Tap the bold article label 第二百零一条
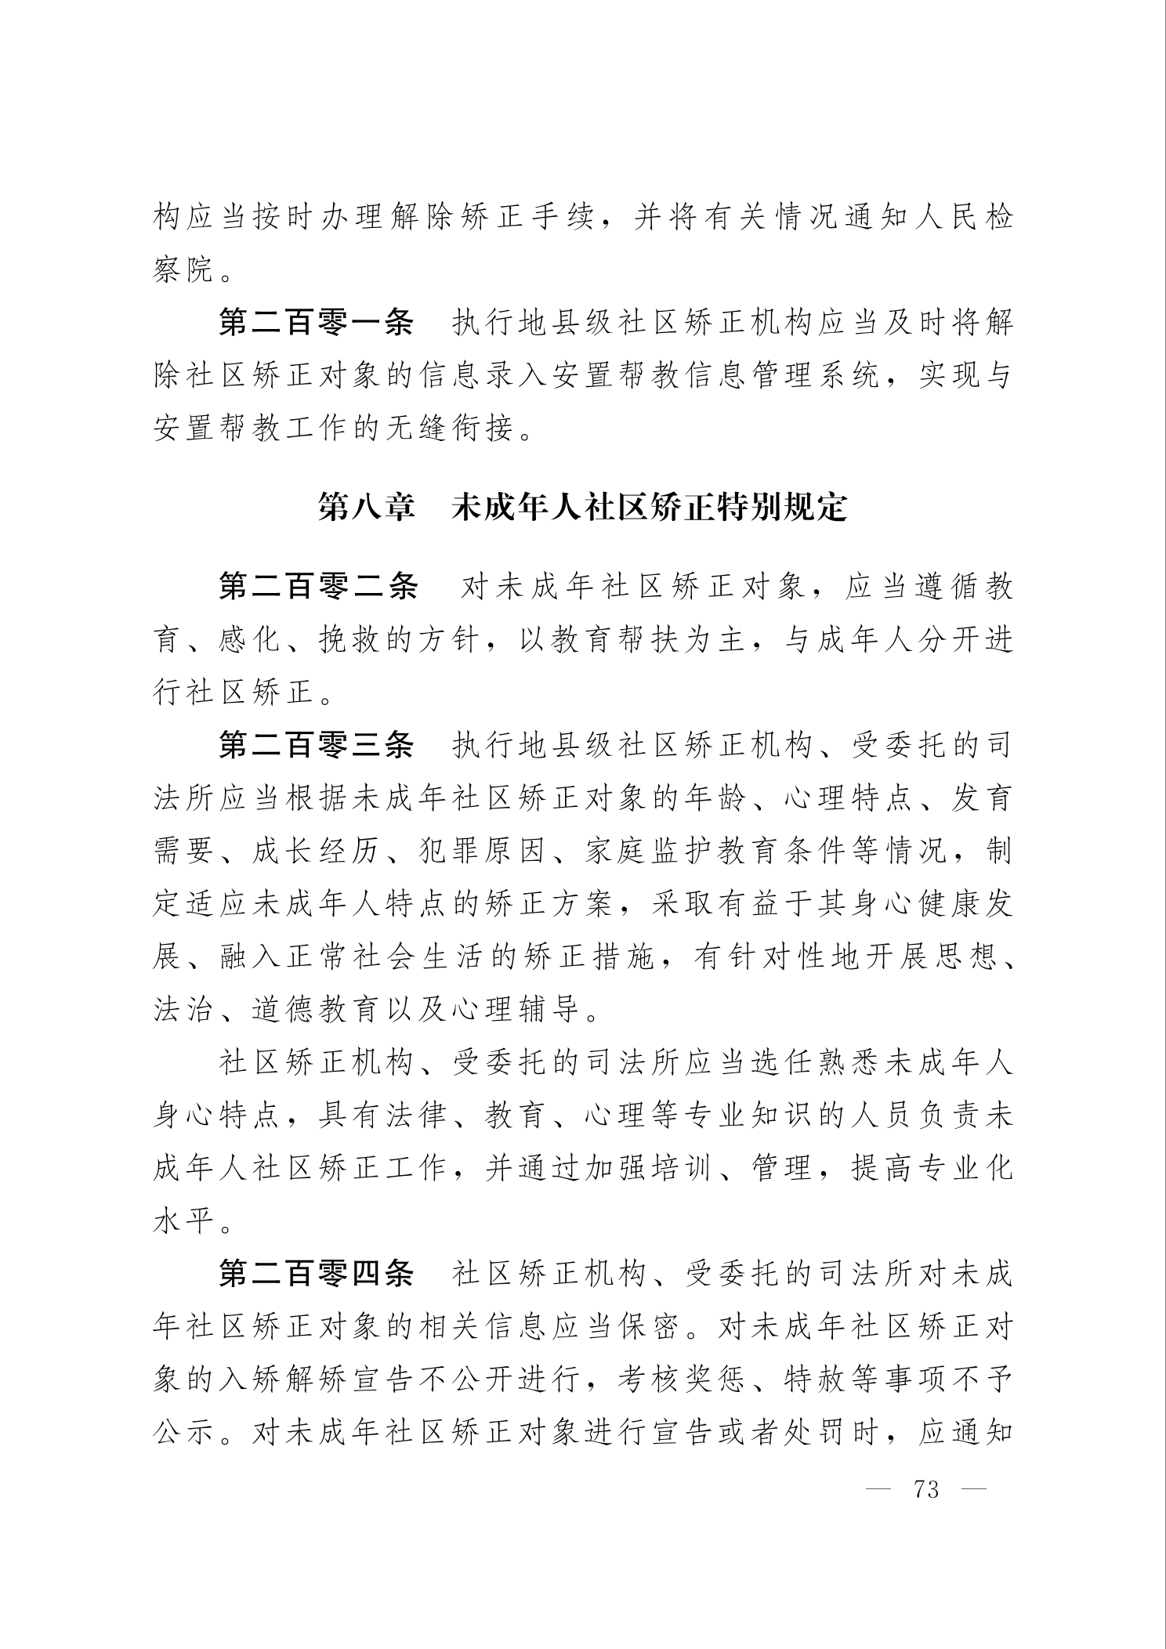pyautogui.click(x=316, y=323)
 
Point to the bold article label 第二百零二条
pyautogui.click(x=317, y=587)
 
